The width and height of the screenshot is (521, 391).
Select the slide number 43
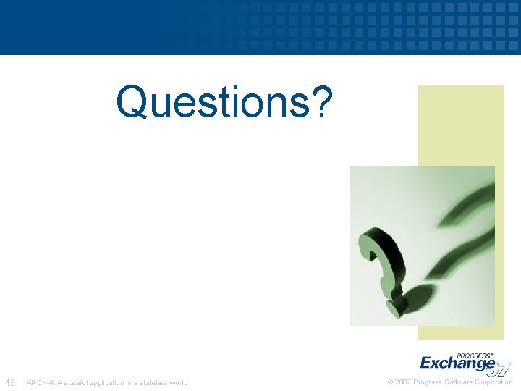click(x=11, y=382)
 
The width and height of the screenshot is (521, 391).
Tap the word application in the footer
click(x=110, y=383)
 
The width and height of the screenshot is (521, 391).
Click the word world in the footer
click(x=179, y=383)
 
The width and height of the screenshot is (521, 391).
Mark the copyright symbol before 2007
click(x=391, y=382)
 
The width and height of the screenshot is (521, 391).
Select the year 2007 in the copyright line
click(x=403, y=382)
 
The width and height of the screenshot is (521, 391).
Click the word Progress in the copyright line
click(x=428, y=382)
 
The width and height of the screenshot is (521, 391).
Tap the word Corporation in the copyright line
click(x=494, y=382)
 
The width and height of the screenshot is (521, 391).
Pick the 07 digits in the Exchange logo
click(x=499, y=369)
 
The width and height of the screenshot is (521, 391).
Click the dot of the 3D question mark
click(x=395, y=309)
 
